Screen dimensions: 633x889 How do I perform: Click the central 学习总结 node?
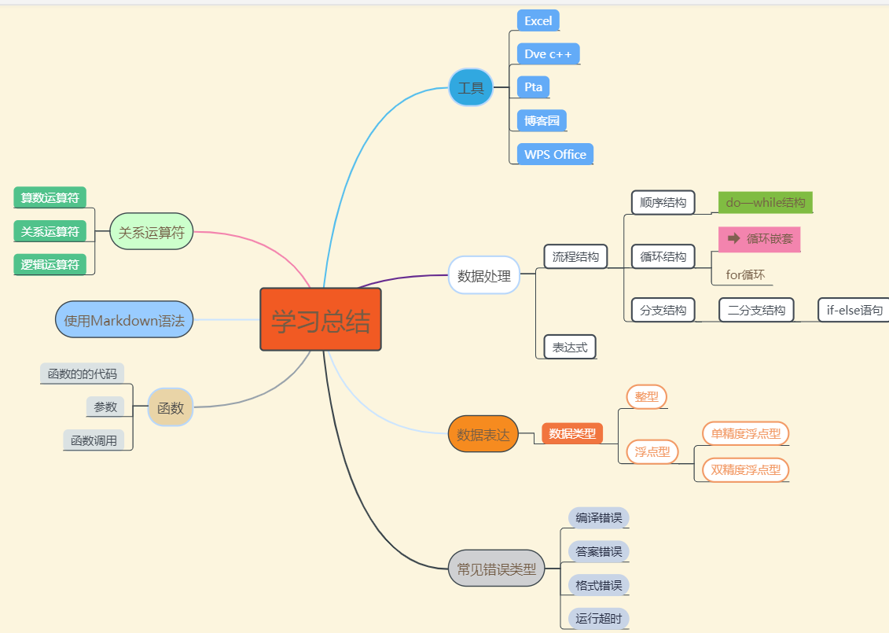coord(321,319)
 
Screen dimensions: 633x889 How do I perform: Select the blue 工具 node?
coord(471,87)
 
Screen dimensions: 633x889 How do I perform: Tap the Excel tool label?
coord(538,21)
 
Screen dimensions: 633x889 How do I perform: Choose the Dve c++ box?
coord(549,54)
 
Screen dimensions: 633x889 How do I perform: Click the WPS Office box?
coord(555,154)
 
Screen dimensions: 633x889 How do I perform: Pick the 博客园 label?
coord(542,121)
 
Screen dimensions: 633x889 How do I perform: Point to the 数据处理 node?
coord(484,275)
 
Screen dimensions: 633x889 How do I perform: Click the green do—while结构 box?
coord(765,202)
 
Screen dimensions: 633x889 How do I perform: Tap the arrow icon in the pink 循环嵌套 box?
coord(734,238)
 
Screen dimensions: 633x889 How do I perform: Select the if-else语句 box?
coord(854,310)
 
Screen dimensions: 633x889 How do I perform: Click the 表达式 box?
coord(570,347)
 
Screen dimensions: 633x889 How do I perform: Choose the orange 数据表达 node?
coord(483,434)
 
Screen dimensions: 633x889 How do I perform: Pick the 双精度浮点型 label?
coord(745,470)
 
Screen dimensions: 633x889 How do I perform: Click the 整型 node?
coord(646,397)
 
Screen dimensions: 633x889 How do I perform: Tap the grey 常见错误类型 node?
coord(496,568)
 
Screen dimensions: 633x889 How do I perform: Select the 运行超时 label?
coord(598,619)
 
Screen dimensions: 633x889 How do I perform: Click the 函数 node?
coord(171,407)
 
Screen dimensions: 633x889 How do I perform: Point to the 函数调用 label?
coord(94,440)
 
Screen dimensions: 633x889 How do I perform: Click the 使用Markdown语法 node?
coord(124,319)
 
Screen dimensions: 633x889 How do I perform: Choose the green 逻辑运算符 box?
coord(50,264)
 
